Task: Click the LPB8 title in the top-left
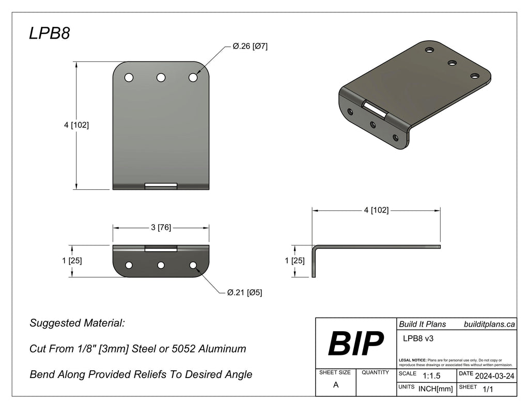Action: point(49,34)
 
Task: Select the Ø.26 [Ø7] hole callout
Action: point(250,46)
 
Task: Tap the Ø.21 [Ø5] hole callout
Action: point(244,292)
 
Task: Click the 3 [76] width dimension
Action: point(161,227)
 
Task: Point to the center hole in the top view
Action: point(161,77)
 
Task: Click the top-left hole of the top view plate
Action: point(129,77)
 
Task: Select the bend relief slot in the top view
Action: point(161,186)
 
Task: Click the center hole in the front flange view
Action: point(161,265)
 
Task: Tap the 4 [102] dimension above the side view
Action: point(376,210)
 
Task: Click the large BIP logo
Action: point(355,344)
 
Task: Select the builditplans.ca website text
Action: point(489,324)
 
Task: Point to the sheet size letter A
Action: point(336,385)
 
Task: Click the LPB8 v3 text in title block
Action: point(417,338)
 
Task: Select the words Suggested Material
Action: point(77,323)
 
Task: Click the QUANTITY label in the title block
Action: point(376,372)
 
